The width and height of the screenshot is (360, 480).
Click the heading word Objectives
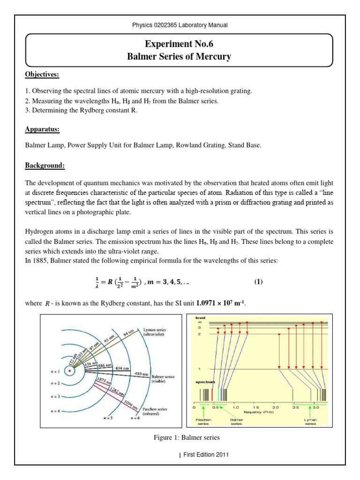[42, 75]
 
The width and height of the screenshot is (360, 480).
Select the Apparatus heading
[42, 129]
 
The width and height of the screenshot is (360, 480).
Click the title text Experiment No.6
[180, 45]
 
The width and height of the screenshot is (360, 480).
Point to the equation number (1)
[259, 282]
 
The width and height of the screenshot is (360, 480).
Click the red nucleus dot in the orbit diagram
[70, 371]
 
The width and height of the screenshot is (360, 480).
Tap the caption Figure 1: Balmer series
[180, 438]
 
